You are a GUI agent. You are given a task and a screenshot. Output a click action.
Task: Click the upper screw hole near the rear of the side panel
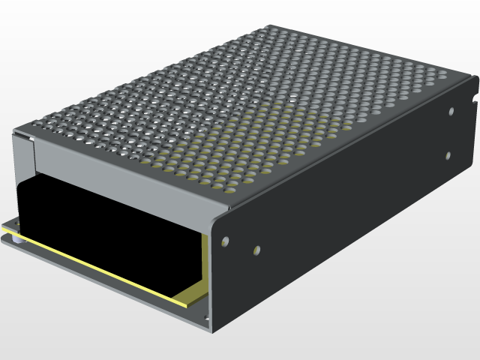(451, 112)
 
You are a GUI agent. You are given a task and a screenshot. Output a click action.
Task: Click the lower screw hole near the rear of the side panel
(448, 156)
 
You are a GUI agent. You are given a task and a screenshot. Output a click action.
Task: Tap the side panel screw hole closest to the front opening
(223, 242)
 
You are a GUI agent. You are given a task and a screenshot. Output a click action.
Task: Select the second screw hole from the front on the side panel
(256, 250)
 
